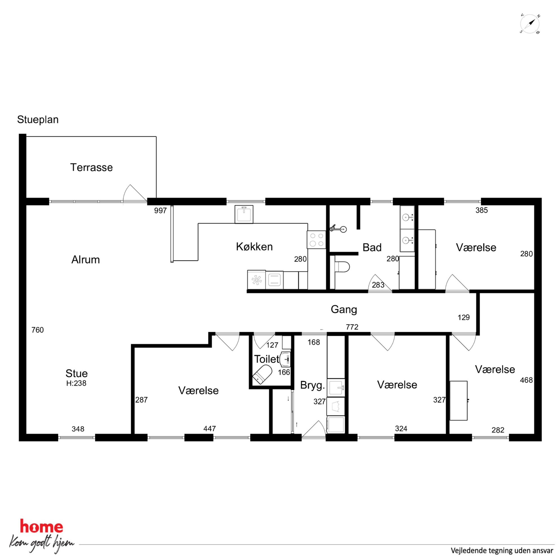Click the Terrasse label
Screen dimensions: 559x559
(92, 168)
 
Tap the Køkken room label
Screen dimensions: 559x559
(254, 247)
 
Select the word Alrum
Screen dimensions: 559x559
(86, 260)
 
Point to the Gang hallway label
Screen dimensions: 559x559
(344, 310)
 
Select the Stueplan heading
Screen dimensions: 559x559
(38, 119)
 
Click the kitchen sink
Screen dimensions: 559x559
(244, 214)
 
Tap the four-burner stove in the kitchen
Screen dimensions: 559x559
(316, 240)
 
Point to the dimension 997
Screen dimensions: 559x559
(160, 211)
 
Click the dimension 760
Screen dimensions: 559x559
(37, 330)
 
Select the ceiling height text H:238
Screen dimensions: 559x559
(76, 383)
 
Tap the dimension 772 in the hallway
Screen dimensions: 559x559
(352, 327)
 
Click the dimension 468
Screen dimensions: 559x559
(526, 380)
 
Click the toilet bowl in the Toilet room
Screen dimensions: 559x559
(262, 374)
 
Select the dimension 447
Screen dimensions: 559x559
(209, 429)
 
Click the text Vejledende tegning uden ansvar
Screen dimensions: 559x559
(498, 551)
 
